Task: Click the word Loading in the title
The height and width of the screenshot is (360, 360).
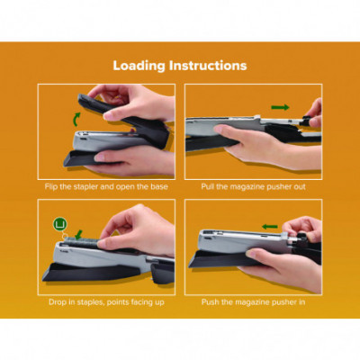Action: (139, 67)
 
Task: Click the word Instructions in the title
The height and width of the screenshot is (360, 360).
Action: (208, 66)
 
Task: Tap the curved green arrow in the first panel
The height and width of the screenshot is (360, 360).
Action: (76, 119)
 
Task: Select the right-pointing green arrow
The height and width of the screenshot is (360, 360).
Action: (280, 107)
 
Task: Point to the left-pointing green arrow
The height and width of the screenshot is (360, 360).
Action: (270, 227)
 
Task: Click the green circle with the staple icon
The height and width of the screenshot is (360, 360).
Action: (61, 224)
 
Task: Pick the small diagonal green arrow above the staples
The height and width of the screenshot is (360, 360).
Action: (78, 234)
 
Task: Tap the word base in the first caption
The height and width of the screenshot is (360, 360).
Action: (159, 186)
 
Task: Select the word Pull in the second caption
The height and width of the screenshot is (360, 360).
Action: (207, 186)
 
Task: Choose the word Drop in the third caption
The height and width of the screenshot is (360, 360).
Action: (58, 301)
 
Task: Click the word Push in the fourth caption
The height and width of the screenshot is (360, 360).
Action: (210, 301)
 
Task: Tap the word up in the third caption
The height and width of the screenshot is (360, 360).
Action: (160, 302)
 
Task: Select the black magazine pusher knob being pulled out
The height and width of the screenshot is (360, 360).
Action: (307, 121)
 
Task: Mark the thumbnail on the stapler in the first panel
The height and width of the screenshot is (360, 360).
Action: (109, 115)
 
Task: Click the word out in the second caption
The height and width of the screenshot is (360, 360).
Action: (300, 187)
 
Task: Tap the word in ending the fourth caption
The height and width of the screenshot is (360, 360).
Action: (302, 301)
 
